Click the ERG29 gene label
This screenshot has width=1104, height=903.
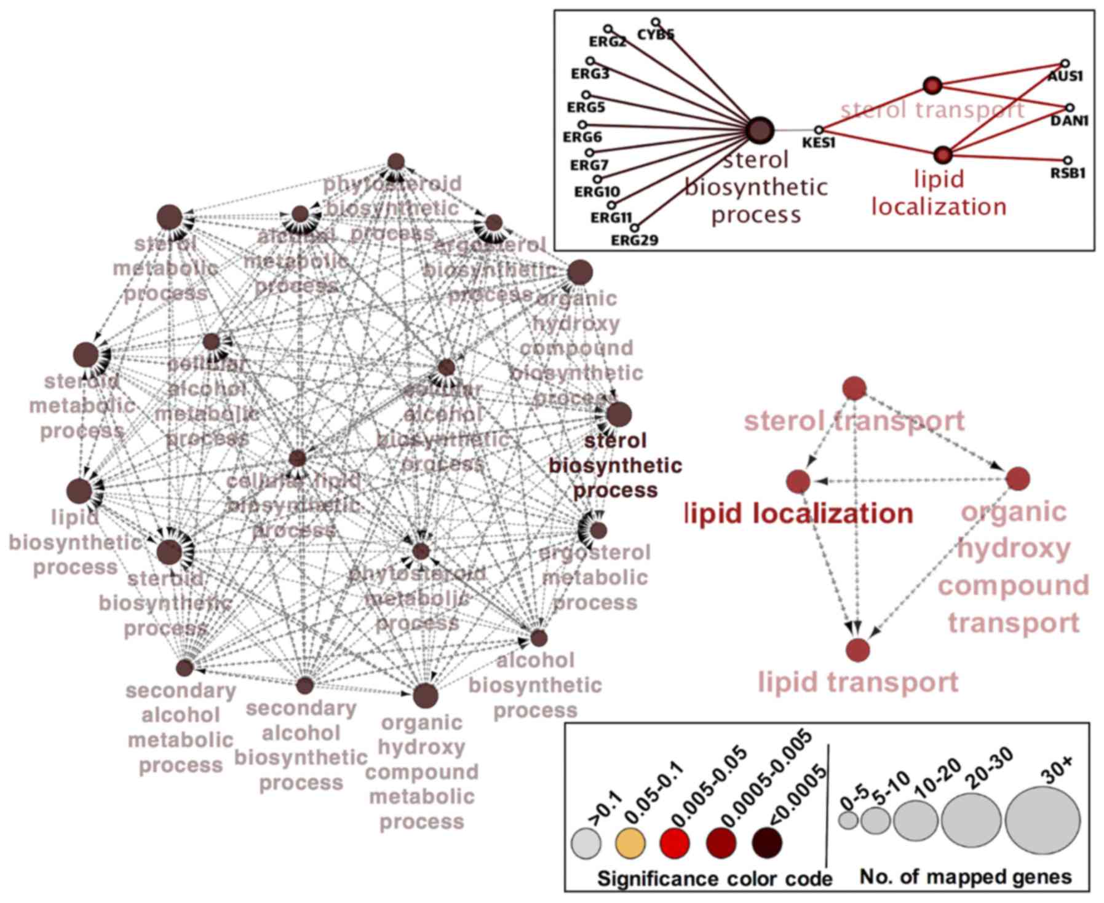click(x=634, y=240)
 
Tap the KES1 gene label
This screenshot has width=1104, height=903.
click(x=819, y=143)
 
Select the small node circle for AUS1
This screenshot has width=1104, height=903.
click(x=1065, y=63)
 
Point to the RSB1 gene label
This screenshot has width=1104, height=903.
click(x=1068, y=173)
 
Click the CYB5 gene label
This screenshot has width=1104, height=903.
click(x=656, y=34)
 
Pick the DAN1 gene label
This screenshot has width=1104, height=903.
click(x=1069, y=120)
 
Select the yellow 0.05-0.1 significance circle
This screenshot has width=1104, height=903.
click(x=630, y=843)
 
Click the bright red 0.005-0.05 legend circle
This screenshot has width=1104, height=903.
click(x=675, y=843)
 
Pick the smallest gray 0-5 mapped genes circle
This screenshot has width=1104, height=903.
click(x=848, y=820)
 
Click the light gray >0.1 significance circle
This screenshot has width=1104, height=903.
click(x=586, y=843)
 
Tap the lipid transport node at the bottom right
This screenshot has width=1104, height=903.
click(x=858, y=650)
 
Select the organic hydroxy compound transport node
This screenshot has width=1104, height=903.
click(x=1018, y=478)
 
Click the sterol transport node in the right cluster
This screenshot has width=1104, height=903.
click(x=854, y=388)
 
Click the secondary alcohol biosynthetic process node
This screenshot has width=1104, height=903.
click(x=305, y=685)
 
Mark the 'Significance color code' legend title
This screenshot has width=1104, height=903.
click(x=714, y=879)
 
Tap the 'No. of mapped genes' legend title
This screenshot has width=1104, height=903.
click(x=965, y=877)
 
